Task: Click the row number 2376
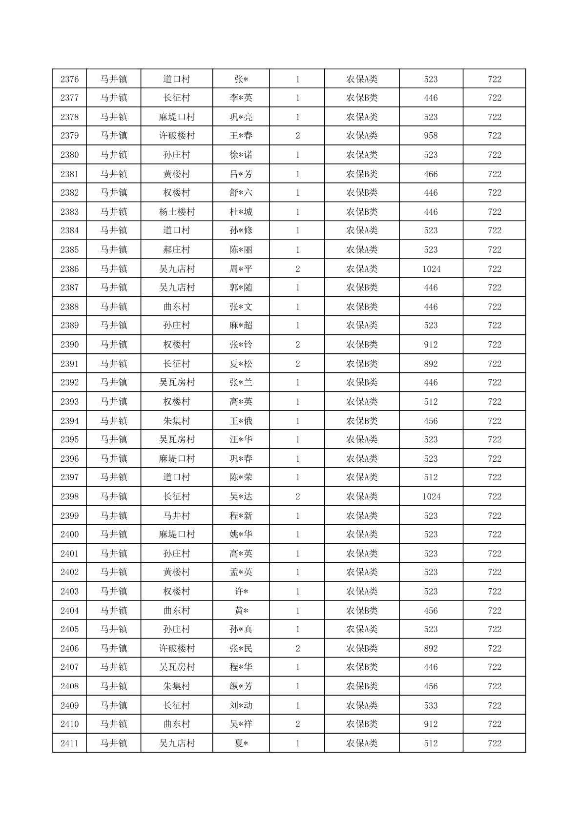(69, 79)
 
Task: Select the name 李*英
(241, 98)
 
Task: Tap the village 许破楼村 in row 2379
(177, 136)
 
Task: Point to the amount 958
(431, 136)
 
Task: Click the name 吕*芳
(241, 174)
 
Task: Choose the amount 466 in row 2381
(431, 174)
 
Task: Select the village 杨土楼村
(177, 212)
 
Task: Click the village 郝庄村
(177, 249)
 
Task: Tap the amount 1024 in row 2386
(431, 268)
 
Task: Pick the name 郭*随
(241, 288)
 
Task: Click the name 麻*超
(241, 325)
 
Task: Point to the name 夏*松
(241, 364)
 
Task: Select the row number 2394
(69, 421)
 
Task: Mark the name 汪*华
(241, 439)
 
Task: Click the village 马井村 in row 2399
(177, 515)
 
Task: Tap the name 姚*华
(241, 534)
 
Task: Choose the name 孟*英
(241, 572)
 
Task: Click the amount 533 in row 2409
(431, 705)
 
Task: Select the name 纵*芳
(241, 686)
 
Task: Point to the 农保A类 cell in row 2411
(362, 743)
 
